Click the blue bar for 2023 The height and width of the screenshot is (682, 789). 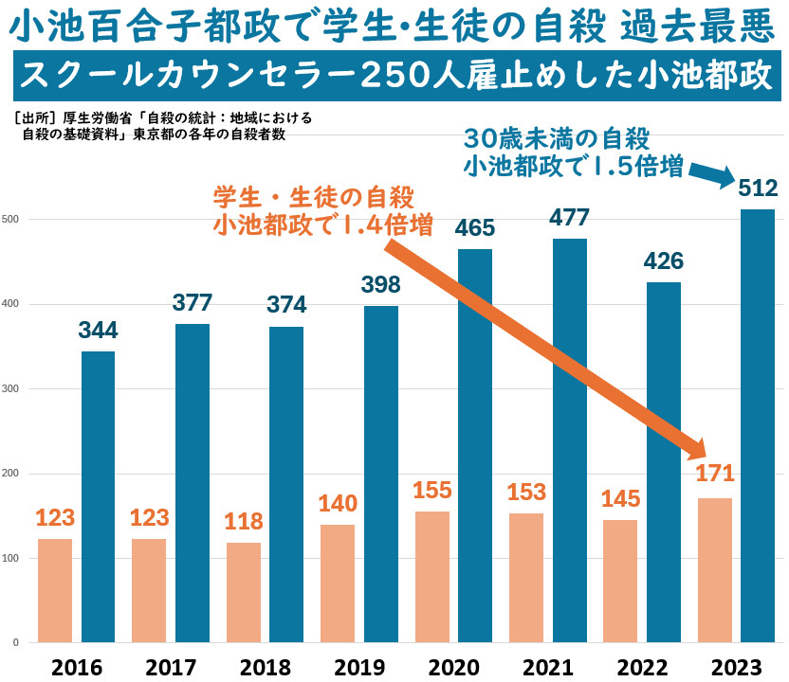(x=757, y=426)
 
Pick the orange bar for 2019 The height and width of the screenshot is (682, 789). (x=338, y=583)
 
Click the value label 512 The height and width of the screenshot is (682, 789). (x=758, y=188)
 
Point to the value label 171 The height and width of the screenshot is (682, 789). (x=713, y=474)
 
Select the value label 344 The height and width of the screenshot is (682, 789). (x=98, y=332)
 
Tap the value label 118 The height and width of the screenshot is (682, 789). (x=243, y=522)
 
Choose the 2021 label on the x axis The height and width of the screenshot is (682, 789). (x=547, y=666)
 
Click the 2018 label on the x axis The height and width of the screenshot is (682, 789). (x=265, y=666)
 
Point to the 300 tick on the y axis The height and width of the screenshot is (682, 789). (x=12, y=389)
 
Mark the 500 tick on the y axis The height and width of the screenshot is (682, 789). (x=12, y=220)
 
